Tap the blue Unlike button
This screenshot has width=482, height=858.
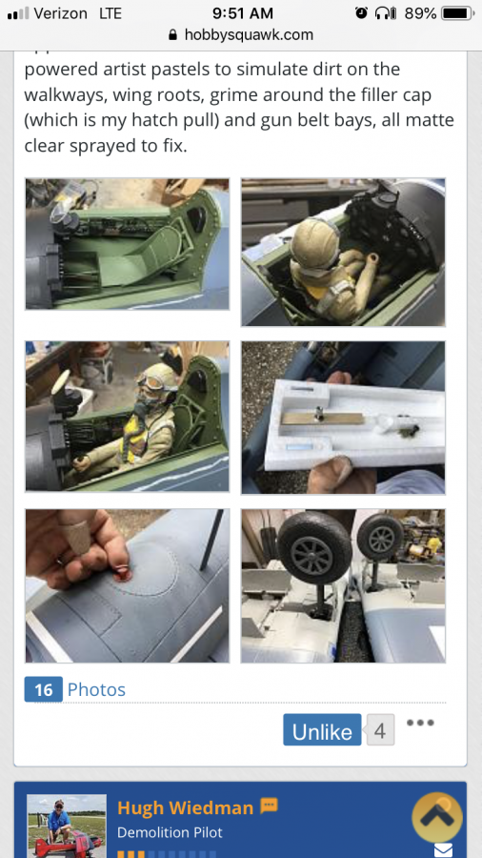point(322,729)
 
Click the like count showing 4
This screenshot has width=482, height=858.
point(380,730)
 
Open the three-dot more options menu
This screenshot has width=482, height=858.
point(421,723)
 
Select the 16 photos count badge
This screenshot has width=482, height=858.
point(44,689)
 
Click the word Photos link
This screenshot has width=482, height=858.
point(96,689)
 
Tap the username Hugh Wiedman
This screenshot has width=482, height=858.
point(185,807)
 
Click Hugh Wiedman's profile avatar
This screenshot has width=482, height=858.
point(67,826)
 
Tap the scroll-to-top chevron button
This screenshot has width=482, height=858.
point(437,818)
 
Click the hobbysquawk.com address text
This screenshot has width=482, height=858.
point(249,35)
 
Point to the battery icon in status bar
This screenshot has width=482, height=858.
point(457,13)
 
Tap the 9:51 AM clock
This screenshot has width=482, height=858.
point(242,13)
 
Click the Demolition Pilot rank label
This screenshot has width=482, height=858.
point(170,833)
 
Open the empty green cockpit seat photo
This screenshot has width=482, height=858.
point(128,244)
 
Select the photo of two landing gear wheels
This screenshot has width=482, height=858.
point(343,586)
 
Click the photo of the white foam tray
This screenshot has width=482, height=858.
point(343,418)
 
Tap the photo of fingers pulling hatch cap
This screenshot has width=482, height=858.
point(128,586)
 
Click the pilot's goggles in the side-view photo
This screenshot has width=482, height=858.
point(159,379)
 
